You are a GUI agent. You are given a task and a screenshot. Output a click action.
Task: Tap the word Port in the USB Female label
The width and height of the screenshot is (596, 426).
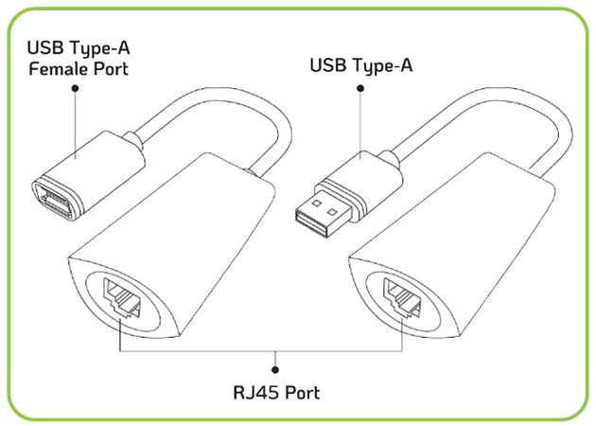click(x=108, y=68)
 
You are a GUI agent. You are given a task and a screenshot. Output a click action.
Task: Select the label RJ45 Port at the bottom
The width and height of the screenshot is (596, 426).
click(x=275, y=392)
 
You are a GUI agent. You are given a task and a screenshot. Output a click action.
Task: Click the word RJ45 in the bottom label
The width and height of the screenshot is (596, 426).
click(x=254, y=392)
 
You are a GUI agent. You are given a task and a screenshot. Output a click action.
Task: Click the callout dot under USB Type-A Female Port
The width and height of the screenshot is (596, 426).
click(x=76, y=88)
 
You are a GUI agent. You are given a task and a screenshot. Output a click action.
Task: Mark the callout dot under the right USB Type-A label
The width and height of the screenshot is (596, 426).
click(x=360, y=88)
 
